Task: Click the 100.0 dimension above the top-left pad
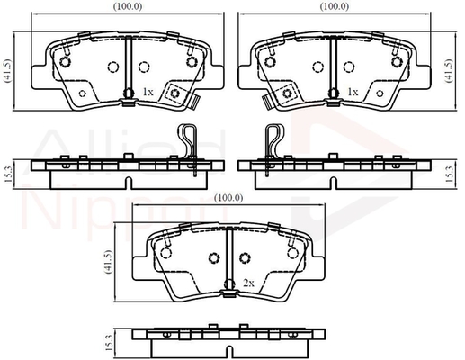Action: [x=128, y=6]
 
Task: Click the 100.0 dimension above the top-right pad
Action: [x=335, y=6]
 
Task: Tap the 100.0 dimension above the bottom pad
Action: [x=228, y=198]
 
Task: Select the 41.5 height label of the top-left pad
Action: [x=7, y=70]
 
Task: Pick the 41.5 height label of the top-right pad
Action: [x=449, y=70]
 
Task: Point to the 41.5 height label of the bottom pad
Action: [x=108, y=262]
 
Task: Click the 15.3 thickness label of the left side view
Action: [x=8, y=175]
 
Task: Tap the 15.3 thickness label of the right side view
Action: [x=449, y=175]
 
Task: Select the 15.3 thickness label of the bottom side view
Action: [x=110, y=343]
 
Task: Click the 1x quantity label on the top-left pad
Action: [x=148, y=92]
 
